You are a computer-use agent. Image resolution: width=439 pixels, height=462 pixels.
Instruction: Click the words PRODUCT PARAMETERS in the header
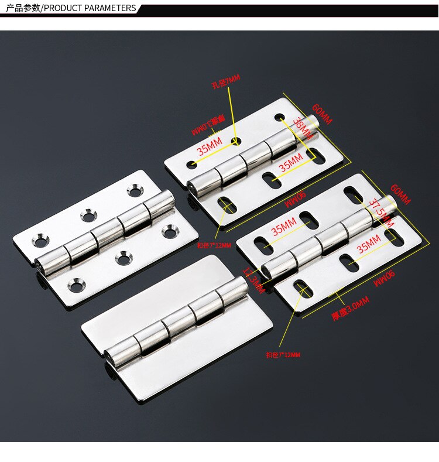coord(90,8)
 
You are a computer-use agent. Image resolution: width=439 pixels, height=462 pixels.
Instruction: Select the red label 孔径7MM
coord(225,83)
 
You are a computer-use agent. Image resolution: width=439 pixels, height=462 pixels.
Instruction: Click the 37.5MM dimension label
coord(379,211)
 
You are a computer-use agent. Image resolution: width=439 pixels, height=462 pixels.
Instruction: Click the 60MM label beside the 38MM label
coord(321,114)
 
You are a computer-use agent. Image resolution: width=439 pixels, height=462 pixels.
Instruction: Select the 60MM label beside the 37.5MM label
coord(400,194)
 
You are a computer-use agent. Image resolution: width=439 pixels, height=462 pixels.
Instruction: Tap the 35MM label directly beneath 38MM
coord(290,162)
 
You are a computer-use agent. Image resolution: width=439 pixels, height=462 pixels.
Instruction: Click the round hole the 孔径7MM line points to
coord(236,141)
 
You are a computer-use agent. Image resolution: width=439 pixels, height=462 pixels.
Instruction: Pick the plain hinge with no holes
coord(176,328)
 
